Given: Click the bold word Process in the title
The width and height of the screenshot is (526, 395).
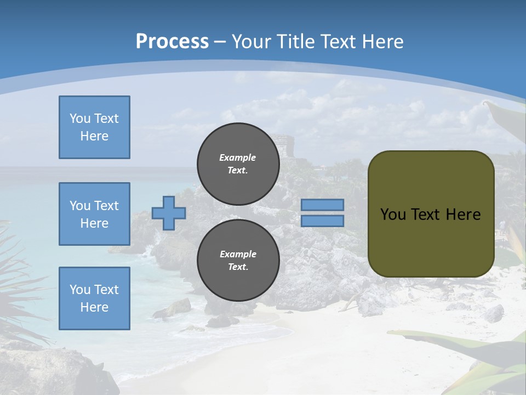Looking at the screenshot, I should pos(172,42).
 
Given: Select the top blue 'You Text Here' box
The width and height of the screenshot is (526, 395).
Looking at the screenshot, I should pos(94,127).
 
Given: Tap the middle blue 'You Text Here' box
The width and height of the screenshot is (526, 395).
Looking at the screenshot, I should pos(94,214).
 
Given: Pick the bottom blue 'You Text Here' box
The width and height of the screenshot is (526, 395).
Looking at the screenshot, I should pos(94,298).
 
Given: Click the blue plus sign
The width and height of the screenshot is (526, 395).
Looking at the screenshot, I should pos(169,213).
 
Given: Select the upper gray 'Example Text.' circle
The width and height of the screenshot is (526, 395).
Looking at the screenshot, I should pos(238,163).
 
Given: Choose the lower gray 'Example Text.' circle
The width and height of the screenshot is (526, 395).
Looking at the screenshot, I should pos(238,260).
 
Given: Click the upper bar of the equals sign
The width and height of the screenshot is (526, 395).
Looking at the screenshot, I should pos(322,205).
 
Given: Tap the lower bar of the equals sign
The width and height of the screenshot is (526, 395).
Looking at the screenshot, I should pos(322,221).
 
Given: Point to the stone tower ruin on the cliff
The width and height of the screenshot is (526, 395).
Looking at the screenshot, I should pos(283,145).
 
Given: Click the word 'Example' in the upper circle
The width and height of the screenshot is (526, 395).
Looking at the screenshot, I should pos(238,157).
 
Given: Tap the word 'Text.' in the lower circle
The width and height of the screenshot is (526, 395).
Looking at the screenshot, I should pos(238,267).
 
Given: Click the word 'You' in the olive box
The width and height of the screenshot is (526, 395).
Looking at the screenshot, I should pos(392,215).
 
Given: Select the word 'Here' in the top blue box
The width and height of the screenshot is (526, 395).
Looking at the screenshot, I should pos(94,136).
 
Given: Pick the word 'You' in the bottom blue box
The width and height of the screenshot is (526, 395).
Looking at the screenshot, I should pos(80,290).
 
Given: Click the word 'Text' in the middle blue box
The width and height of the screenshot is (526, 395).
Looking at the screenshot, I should pos(106,206).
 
